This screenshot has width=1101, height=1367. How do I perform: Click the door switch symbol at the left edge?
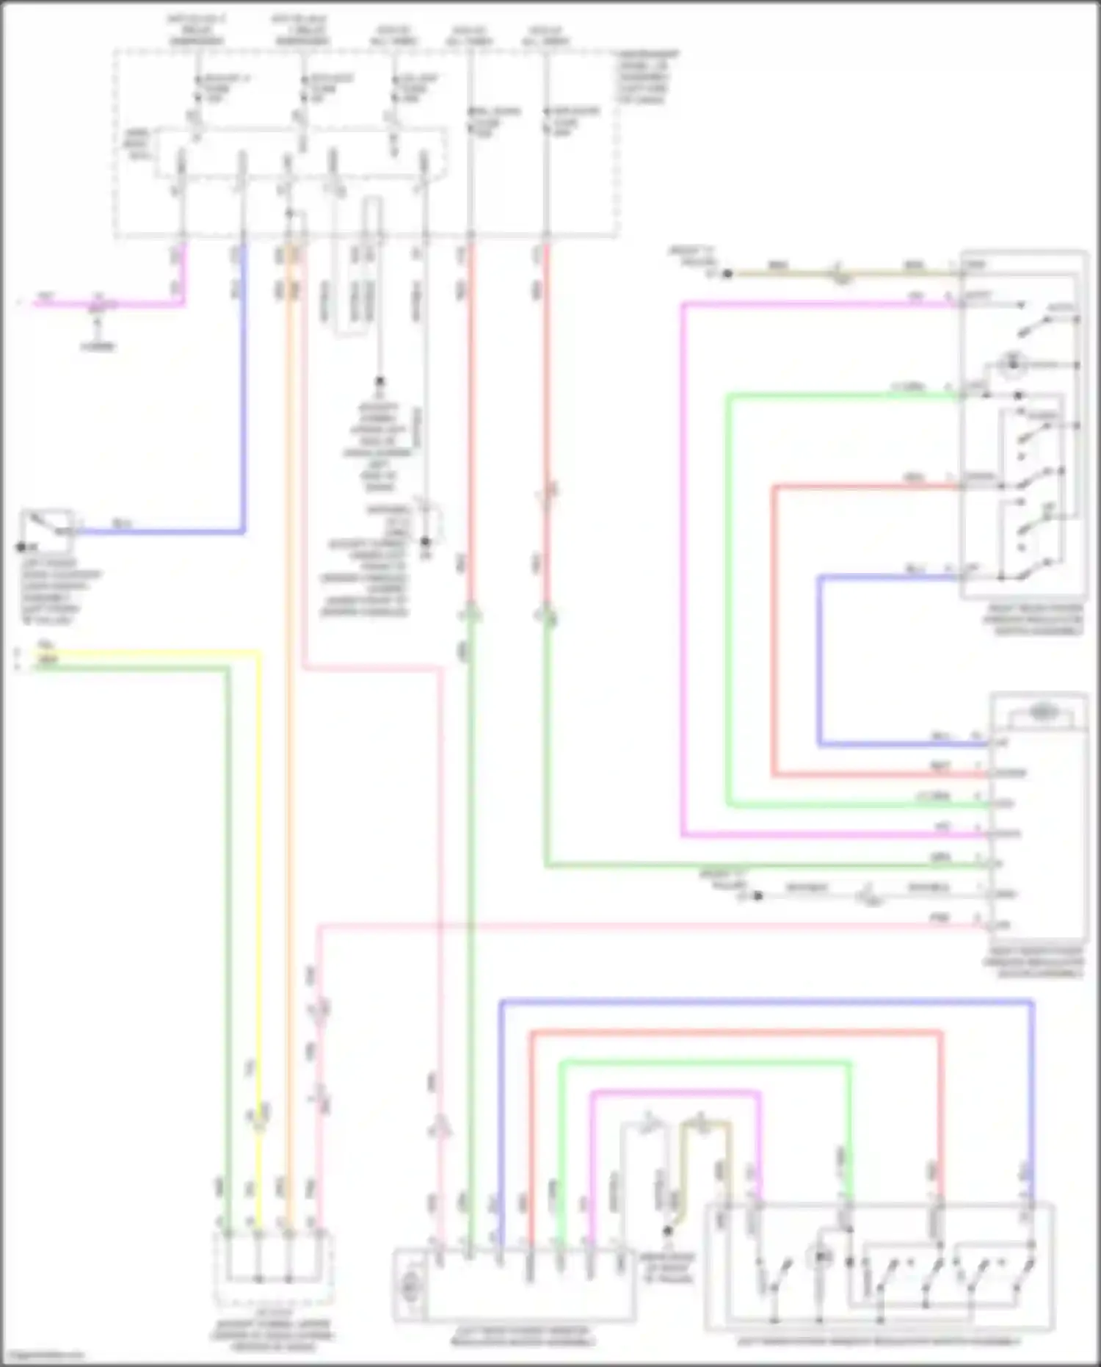[x=47, y=530]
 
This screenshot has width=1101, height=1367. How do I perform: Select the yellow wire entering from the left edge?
[x=147, y=652]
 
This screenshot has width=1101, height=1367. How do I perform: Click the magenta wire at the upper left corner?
[x=110, y=303]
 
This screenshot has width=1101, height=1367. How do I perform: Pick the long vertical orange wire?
[x=289, y=735]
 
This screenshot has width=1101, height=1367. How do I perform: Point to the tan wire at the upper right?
[x=844, y=274]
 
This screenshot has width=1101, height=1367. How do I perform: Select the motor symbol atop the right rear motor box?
[x=1039, y=712]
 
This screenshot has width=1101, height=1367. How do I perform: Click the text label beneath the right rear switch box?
[x=1033, y=621]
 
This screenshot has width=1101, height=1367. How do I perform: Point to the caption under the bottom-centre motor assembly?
[x=523, y=1336]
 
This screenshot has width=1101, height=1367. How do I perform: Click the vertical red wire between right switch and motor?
[x=774, y=632]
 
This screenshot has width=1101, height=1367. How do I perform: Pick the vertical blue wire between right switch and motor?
[x=819, y=661]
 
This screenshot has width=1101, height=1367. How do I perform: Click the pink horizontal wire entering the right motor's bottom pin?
[x=661, y=926]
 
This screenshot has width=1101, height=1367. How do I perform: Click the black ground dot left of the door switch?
[x=21, y=547]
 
